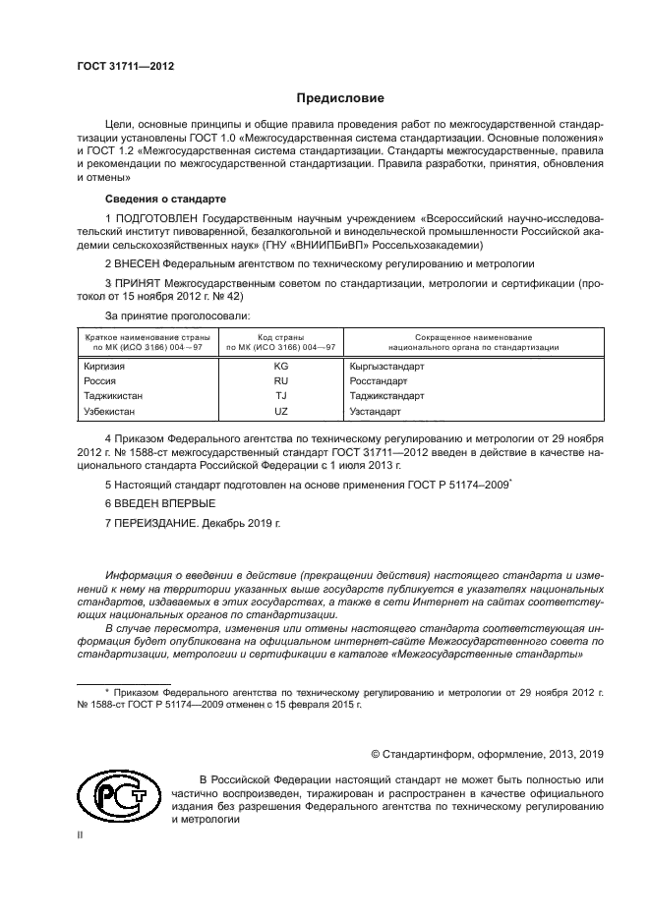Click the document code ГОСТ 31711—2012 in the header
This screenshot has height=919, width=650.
(125, 66)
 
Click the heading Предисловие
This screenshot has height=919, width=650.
(340, 98)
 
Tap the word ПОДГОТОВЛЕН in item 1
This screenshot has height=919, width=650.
(156, 217)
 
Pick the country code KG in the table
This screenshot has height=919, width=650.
(281, 365)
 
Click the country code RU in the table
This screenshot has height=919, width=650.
(281, 380)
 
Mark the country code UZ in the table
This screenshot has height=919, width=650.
(281, 412)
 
